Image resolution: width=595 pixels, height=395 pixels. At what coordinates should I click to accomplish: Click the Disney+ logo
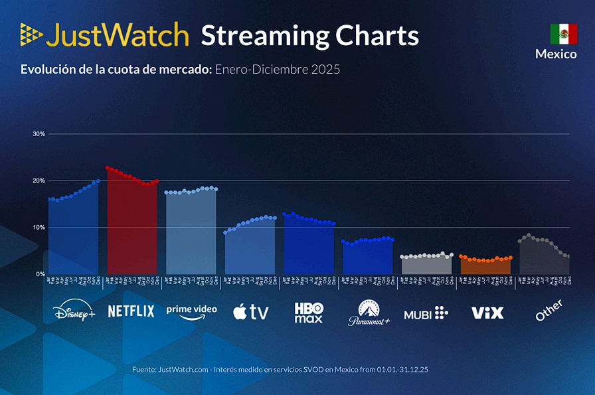tap(74, 311)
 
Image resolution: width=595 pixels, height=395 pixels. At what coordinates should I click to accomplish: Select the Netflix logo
tap(131, 311)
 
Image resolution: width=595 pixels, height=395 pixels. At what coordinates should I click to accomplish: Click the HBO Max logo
tap(309, 312)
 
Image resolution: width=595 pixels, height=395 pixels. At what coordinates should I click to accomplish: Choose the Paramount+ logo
tap(369, 313)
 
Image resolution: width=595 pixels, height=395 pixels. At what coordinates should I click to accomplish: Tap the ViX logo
tap(487, 313)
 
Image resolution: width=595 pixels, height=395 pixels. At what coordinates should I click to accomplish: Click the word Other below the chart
tap(549, 310)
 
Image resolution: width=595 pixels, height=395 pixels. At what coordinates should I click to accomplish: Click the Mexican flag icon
tap(563, 34)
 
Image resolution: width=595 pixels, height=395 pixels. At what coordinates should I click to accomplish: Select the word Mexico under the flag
tap(556, 54)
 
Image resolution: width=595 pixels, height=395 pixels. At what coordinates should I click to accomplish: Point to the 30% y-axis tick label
tap(39, 134)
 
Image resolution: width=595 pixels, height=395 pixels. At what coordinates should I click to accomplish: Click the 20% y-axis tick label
tap(39, 181)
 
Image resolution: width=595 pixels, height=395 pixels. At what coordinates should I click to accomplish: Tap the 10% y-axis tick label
tap(39, 227)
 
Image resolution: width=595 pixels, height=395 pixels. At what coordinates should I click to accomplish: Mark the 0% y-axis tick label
tap(41, 274)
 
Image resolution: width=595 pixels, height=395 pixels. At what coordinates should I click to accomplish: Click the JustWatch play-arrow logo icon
tap(31, 34)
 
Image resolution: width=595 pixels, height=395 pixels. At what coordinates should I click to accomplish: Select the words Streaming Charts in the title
tap(309, 35)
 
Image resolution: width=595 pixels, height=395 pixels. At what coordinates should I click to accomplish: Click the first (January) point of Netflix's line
tap(108, 168)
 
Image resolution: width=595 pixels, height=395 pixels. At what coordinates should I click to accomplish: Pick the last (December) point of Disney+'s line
tap(98, 181)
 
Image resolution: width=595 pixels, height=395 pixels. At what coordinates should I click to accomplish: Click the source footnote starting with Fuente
tap(284, 369)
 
